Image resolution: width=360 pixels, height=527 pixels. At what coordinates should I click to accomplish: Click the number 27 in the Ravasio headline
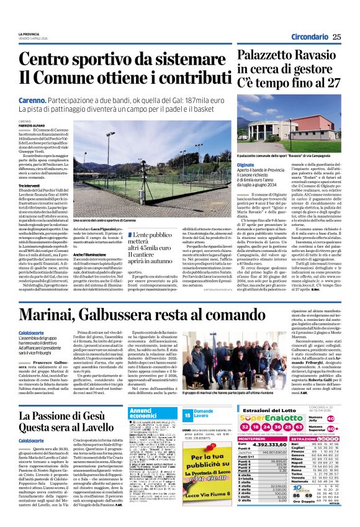(334, 83)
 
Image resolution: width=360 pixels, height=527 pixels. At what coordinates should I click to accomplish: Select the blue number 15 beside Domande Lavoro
(187, 414)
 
